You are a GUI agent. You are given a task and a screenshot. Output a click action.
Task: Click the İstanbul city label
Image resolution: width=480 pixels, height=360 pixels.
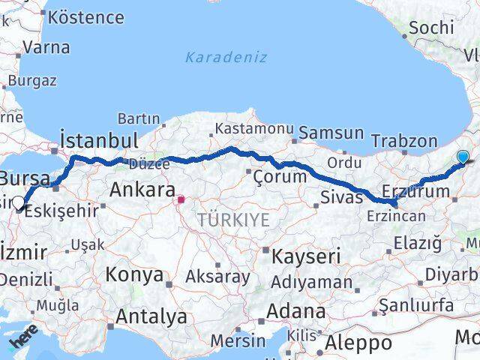pos(99,140)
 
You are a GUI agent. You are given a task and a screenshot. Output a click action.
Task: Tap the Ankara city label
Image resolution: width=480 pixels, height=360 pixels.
pos(142,190)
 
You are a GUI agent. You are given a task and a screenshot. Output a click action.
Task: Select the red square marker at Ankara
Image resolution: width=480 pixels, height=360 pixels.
pos(180,200)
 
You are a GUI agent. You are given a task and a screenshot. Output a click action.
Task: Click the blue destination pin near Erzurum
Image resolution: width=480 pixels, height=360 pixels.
pos(463,157)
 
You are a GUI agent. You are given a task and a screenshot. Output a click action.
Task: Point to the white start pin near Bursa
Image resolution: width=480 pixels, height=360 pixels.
pos(19,201)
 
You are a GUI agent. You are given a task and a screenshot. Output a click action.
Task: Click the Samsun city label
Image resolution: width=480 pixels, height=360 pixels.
pos(331,133)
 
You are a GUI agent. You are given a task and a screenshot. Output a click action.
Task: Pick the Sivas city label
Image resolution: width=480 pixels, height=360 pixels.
pos(341,198)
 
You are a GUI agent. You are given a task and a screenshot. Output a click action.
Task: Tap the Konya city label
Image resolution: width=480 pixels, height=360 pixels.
pos(133,274)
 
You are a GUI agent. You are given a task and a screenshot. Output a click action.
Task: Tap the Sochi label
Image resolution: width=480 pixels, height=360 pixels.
pos(432,28)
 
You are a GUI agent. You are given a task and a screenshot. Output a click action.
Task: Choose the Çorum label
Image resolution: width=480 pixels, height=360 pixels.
pos(280,177)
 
